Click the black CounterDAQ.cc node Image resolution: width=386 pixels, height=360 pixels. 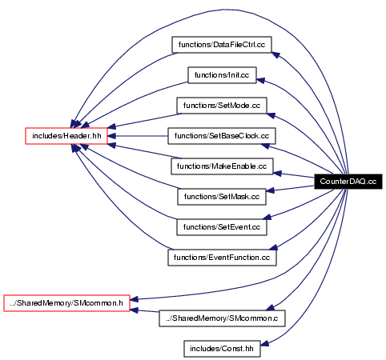[x=348, y=182]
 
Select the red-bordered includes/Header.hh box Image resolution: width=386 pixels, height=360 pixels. [x=66, y=136]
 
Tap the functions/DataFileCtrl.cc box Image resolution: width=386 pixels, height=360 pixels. [x=222, y=45]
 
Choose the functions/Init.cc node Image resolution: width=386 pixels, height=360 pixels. [x=222, y=75]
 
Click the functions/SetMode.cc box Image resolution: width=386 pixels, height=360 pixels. [x=222, y=106]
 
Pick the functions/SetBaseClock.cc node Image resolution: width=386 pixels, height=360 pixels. [x=222, y=136]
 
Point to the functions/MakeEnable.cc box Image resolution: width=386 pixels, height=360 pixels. [x=222, y=166]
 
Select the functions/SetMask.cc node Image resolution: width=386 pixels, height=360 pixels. [x=222, y=197]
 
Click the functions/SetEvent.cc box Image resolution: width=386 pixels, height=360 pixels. [x=222, y=227]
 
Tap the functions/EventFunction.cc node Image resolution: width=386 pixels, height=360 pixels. [x=222, y=258]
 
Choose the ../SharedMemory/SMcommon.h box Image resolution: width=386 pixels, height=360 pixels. [x=66, y=303]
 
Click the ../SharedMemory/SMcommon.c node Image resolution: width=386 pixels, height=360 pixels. [x=222, y=318]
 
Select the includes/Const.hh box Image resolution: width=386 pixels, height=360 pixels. [x=222, y=349]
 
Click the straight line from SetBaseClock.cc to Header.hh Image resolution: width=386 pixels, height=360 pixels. [x=138, y=136]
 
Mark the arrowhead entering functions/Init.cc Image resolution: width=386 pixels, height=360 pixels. [x=261, y=80]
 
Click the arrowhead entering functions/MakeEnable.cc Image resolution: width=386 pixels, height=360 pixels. [x=278, y=174]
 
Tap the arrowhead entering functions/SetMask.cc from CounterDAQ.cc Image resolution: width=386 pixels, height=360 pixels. [x=271, y=190]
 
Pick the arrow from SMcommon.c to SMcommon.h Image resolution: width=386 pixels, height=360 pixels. [x=144, y=310]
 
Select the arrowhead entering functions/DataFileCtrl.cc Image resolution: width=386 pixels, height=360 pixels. [x=276, y=55]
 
